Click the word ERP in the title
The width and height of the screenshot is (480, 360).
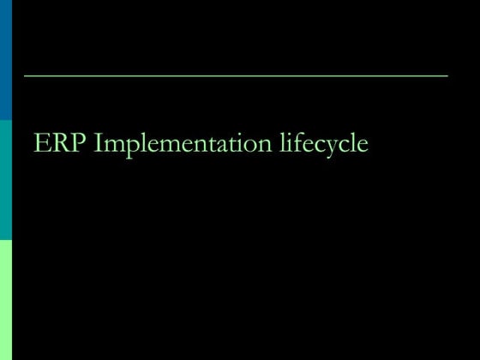(x=60, y=143)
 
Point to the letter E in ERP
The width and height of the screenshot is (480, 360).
(x=42, y=143)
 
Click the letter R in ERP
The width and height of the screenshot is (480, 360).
(x=59, y=143)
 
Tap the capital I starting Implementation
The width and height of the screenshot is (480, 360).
(x=97, y=143)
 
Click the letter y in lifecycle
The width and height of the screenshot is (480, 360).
(x=330, y=147)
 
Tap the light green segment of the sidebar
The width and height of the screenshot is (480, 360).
(x=6, y=300)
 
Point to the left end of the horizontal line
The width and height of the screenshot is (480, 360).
(x=25, y=76)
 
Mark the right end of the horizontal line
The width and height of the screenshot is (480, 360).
(x=447, y=76)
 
